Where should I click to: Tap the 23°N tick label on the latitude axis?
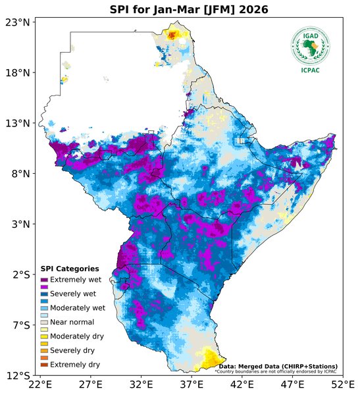(x=18, y=22)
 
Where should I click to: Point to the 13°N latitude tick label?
(x=18, y=123)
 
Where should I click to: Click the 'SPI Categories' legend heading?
(x=70, y=269)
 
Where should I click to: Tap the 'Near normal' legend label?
(x=72, y=322)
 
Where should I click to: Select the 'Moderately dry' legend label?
(x=76, y=336)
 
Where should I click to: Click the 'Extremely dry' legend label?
(x=75, y=364)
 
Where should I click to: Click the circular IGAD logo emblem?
(x=310, y=45)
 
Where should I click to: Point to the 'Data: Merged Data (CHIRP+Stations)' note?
(x=278, y=366)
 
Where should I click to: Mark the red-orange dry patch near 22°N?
(x=173, y=35)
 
